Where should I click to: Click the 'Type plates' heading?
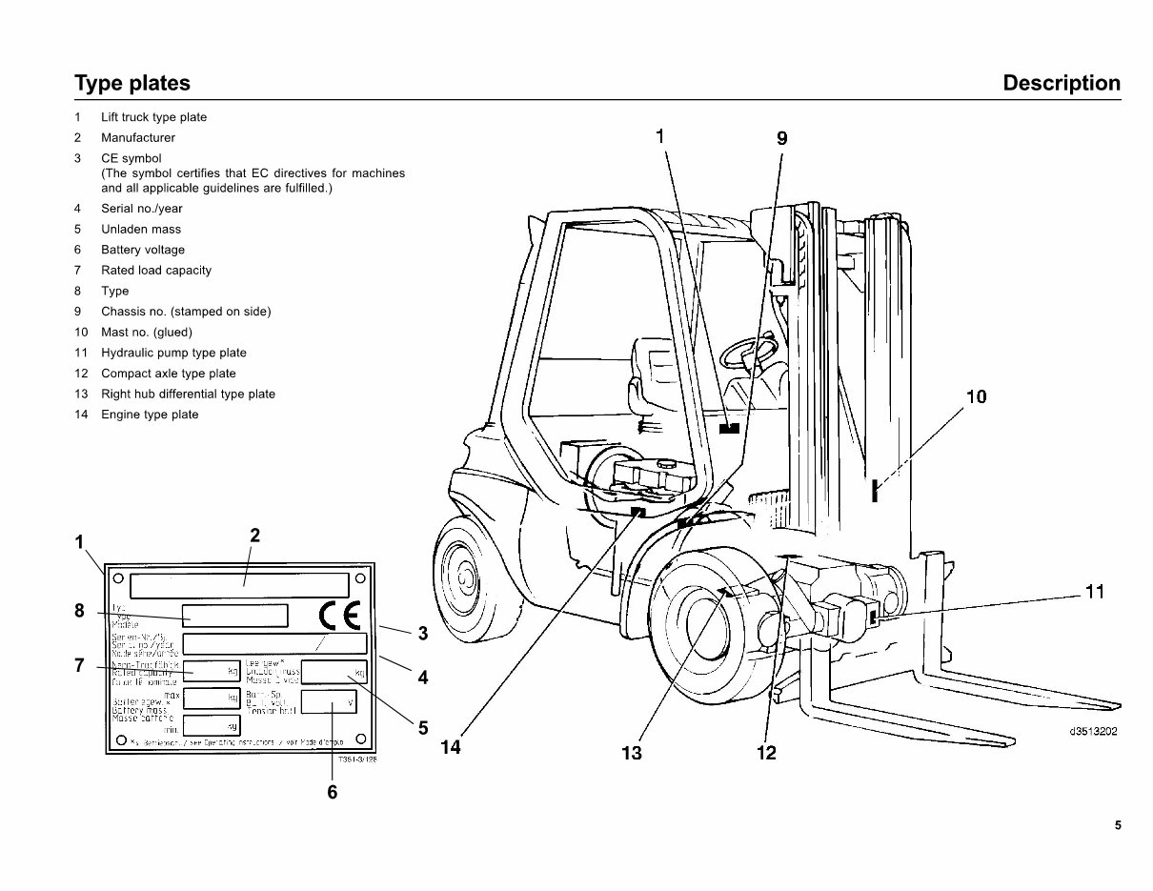132,83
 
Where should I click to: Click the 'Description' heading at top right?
1062,83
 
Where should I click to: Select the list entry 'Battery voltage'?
143,250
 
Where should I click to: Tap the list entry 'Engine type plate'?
150,415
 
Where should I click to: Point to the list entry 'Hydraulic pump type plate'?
173,353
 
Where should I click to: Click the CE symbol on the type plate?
338,616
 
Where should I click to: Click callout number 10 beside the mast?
976,397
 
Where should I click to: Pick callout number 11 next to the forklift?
1094,593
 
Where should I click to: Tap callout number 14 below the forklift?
451,748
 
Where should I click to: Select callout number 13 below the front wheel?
631,754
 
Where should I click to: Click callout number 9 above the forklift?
781,138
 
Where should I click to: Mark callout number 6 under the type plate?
333,791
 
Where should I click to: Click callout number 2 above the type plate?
254,536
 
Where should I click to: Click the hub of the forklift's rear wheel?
466,577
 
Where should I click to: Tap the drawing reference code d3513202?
1092,732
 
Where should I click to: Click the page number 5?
1118,826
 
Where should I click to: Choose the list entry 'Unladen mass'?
140,229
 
